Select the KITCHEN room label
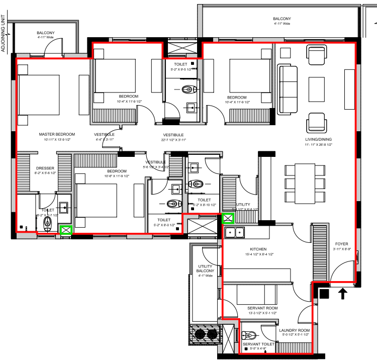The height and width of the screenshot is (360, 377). [x=258, y=249]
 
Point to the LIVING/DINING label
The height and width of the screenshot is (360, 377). [x=318, y=139]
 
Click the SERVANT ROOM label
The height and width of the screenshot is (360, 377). [x=262, y=308]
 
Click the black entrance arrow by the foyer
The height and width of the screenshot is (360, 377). [x=344, y=293]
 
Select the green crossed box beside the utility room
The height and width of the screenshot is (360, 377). [x=228, y=218]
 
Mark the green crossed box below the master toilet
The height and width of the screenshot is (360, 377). [x=65, y=230]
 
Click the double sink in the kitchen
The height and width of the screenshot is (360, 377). [x=235, y=232]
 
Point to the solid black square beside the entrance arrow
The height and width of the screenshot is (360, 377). [x=324, y=293]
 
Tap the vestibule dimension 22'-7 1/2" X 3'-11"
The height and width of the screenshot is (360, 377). [x=173, y=140]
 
